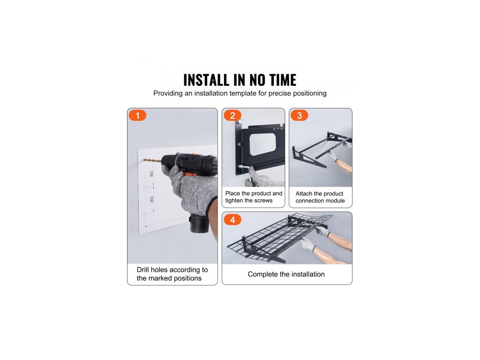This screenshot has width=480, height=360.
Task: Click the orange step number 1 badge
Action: tap(137, 115)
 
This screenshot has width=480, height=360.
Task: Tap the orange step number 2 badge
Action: tap(232, 115)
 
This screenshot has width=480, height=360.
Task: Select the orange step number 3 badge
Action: tap(299, 115)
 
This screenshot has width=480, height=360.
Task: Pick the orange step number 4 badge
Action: tap(232, 220)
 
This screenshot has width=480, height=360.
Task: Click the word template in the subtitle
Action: tap(243, 93)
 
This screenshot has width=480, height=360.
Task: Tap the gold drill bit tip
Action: tap(143, 159)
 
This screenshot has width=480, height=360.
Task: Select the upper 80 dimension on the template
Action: tap(151, 174)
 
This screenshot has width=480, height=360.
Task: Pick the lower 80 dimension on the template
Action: tap(151, 199)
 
